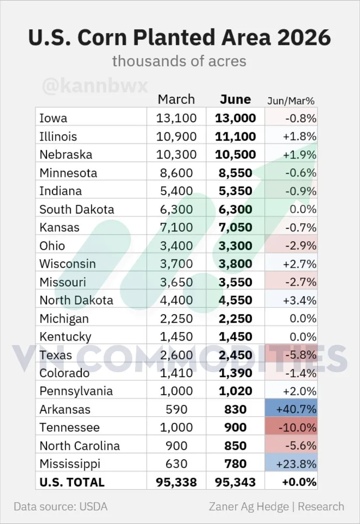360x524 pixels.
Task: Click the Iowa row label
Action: pyautogui.click(x=53, y=118)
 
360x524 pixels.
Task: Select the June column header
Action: pyautogui.click(x=235, y=100)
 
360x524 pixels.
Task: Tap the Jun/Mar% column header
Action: pyautogui.click(x=291, y=101)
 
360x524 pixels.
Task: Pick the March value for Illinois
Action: pyautogui.click(x=176, y=136)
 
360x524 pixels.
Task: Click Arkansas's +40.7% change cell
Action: pyautogui.click(x=291, y=410)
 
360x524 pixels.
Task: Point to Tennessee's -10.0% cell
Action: pyautogui.click(x=291, y=427)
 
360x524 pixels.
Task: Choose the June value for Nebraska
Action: pyautogui.click(x=235, y=155)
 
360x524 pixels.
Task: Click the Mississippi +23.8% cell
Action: pyautogui.click(x=291, y=464)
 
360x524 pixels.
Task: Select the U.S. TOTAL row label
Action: pyautogui.click(x=72, y=483)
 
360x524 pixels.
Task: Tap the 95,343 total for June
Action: pyautogui.click(x=235, y=483)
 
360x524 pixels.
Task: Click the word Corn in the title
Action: pyautogui.click(x=102, y=38)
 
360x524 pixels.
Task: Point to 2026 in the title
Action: pyautogui.click(x=304, y=38)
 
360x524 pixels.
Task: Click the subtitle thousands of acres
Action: pyautogui.click(x=179, y=61)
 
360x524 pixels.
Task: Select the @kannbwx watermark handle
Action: pyautogui.click(x=95, y=86)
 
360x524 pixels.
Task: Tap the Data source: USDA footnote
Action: pyautogui.click(x=61, y=507)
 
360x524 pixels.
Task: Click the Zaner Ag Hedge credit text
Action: pyautogui.click(x=249, y=507)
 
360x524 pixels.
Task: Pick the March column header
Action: pyautogui.click(x=176, y=100)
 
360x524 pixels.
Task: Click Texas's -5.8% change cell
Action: pyautogui.click(x=291, y=355)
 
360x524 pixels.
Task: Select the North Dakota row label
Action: pyautogui.click(x=76, y=300)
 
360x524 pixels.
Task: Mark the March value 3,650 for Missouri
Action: pyautogui.click(x=176, y=282)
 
